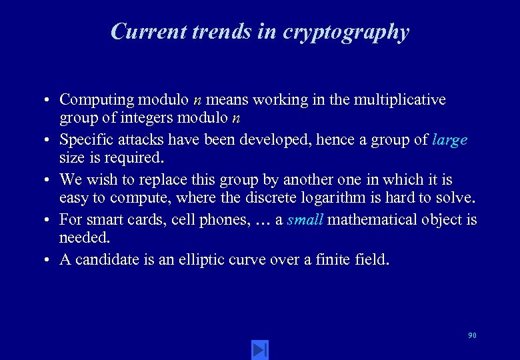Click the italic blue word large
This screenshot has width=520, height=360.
click(449, 141)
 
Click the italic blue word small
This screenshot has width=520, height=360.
click(305, 219)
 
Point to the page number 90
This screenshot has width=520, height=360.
click(472, 335)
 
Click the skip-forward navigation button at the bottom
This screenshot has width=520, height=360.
click(260, 349)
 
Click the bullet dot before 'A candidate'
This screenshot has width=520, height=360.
click(49, 260)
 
